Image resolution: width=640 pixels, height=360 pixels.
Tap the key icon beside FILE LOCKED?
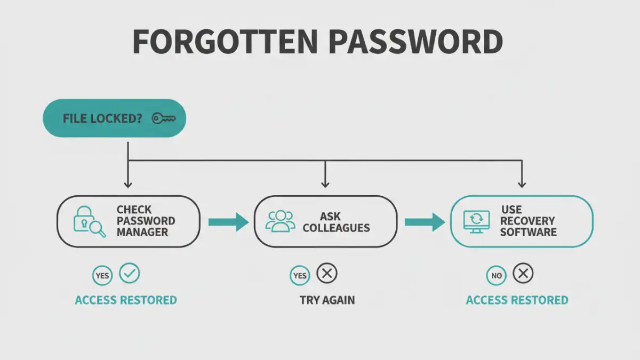click(163, 118)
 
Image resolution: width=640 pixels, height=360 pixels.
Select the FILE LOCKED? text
click(102, 118)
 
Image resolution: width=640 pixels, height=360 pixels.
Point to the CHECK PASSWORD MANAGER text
click(146, 221)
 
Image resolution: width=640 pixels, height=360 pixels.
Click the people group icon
click(280, 221)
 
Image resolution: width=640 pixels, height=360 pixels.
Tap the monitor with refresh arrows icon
click(475, 221)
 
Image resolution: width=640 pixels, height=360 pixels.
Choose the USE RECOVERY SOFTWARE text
click(527, 221)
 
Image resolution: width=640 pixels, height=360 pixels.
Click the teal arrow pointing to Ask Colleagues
click(228, 222)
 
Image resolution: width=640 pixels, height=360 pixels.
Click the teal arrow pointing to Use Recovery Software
click(425, 222)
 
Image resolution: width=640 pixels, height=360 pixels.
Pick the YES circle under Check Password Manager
click(102, 276)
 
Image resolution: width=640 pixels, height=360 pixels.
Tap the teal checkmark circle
click(129, 274)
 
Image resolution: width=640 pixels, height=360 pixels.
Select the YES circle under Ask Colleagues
click(300, 276)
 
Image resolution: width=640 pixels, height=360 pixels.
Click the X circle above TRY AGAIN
click(327, 274)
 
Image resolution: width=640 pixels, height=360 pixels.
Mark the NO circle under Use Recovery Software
click(496, 276)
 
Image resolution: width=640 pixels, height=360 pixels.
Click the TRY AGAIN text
click(327, 300)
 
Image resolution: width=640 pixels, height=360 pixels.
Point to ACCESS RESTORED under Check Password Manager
click(126, 300)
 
